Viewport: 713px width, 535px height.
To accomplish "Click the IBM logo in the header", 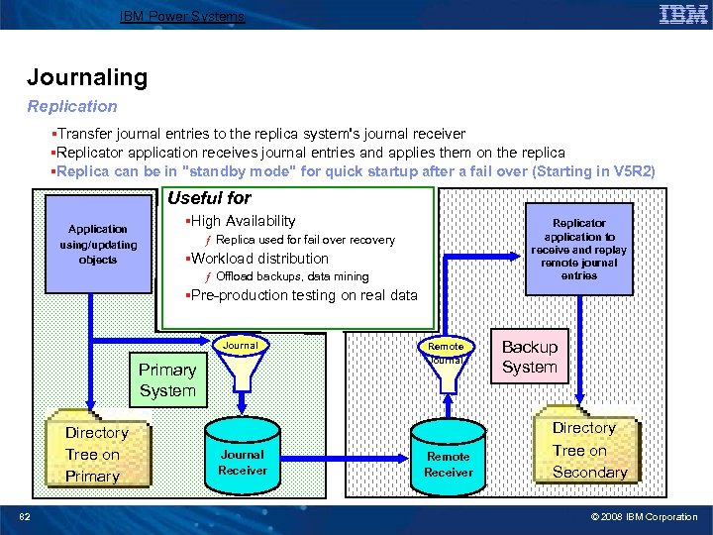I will point(682,14).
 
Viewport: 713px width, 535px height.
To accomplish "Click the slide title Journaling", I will point(87,77).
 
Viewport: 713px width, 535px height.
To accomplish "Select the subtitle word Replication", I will point(72,106).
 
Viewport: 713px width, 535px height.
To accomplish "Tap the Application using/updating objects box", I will point(98,244).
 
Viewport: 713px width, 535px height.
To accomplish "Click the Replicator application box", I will point(579,250).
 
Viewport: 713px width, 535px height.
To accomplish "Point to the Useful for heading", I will point(210,198).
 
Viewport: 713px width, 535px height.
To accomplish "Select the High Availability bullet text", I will point(243,221).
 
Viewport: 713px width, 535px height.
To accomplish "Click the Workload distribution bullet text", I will point(259,259).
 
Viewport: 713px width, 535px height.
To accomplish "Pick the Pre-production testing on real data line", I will point(303,295).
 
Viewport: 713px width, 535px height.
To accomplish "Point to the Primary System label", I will point(167,380).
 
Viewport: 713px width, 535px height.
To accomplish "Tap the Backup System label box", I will point(530,357).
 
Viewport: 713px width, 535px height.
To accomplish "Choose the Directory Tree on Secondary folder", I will point(586,449).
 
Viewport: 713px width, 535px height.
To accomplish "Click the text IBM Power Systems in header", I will point(182,16).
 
